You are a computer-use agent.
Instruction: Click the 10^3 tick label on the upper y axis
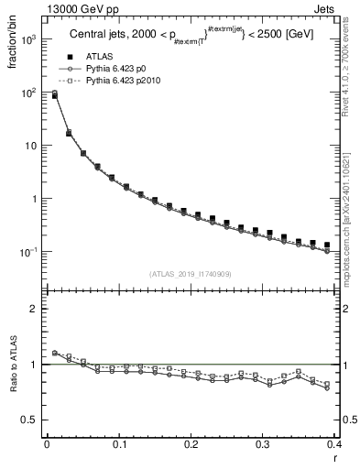coord(29,40)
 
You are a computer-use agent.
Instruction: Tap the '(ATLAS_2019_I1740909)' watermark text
coord(190,274)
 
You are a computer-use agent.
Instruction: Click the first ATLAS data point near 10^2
coord(54,94)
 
